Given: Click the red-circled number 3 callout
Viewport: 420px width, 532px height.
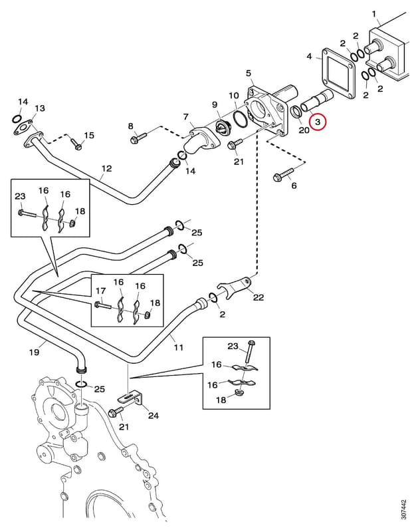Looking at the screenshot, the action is (318, 122).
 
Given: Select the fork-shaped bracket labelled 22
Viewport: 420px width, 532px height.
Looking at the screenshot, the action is (237, 285).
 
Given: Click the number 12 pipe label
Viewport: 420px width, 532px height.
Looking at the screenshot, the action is (106, 169).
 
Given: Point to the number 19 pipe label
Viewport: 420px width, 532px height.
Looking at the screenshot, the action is (35, 352).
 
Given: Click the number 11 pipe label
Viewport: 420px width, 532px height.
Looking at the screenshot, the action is (179, 347).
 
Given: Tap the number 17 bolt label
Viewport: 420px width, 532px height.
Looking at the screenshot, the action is (100, 291).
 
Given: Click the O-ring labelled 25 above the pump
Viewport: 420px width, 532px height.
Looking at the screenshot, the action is (82, 384).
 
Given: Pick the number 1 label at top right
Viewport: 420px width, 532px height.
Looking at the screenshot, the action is (374, 14).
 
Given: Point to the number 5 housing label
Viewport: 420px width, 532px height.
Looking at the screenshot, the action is (249, 73).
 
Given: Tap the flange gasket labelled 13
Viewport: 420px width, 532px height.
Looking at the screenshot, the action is (23, 128).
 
